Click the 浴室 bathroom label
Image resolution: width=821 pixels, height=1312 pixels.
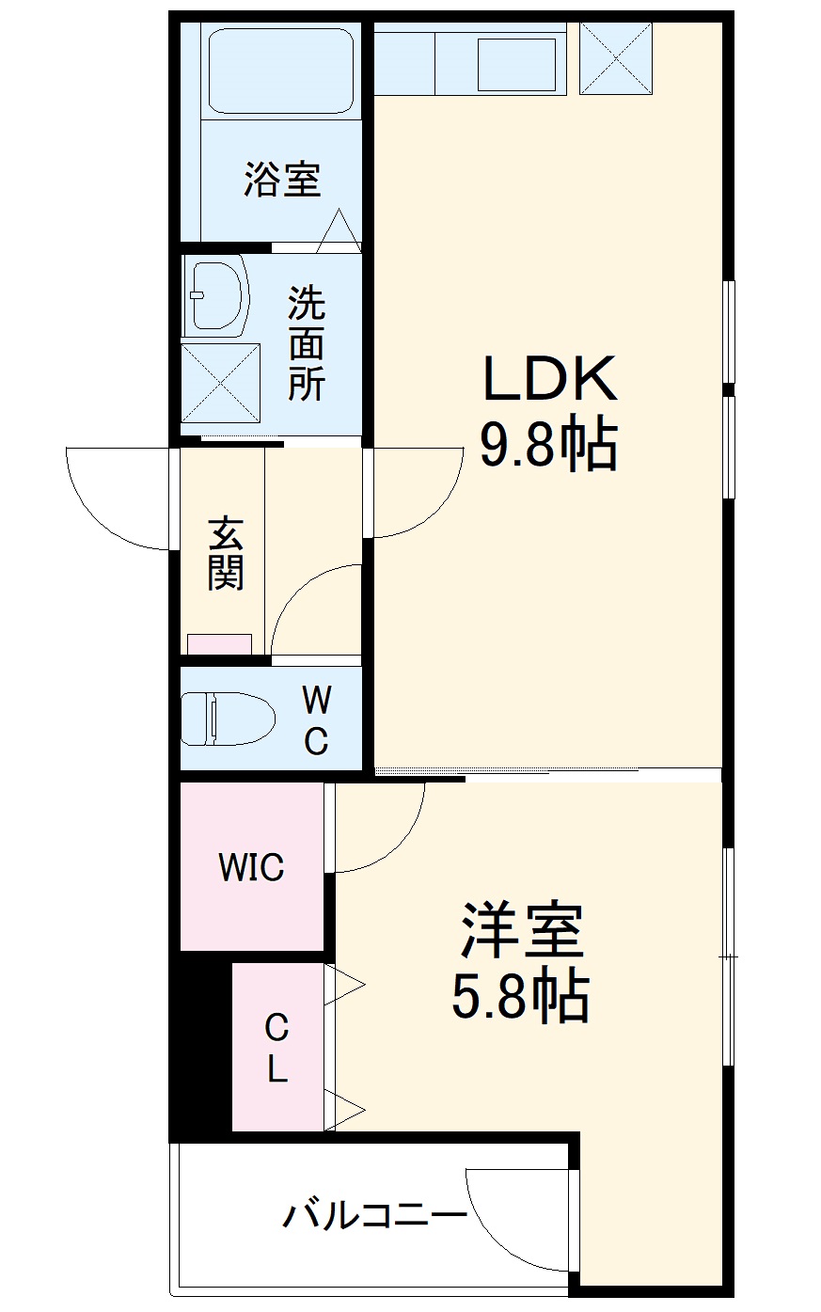click(282, 179)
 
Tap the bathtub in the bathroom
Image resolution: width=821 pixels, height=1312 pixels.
click(280, 71)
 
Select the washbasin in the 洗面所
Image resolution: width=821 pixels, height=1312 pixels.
click(215, 294)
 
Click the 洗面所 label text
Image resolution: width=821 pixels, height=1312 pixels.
click(307, 343)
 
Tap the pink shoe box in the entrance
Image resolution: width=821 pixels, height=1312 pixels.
click(219, 644)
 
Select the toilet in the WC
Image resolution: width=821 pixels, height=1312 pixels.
click(226, 719)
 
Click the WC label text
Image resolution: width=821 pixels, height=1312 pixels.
click(316, 720)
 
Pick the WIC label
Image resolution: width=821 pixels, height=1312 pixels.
click(251, 867)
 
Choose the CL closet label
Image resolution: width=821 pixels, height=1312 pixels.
click(276, 1048)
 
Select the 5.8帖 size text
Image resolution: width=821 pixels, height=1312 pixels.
click(521, 997)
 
